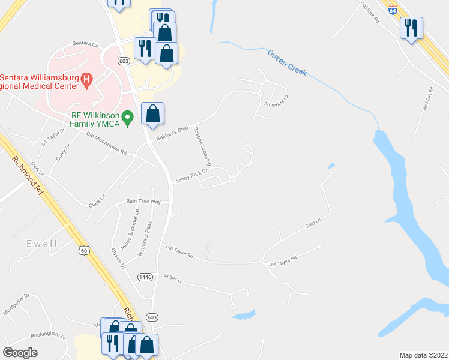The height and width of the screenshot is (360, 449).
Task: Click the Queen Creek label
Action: click(287, 63)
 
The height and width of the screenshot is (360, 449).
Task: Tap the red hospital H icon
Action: click(87, 79)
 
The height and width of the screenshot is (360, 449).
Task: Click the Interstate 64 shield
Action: click(393, 11)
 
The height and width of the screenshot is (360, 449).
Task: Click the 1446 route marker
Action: click(145, 277)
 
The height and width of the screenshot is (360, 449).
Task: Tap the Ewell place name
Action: click(41, 244)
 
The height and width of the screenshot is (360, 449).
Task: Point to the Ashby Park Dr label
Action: click(191, 176)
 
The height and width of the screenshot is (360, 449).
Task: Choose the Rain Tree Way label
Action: click(143, 202)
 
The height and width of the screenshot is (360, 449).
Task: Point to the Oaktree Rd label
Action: click(369, 11)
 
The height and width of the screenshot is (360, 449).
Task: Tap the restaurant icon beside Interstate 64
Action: click(411, 28)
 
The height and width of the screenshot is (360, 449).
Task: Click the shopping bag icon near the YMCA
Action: click(153, 113)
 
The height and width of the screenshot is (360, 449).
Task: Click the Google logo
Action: click(20, 353)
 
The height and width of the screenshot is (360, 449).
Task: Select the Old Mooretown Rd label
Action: click(106, 144)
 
